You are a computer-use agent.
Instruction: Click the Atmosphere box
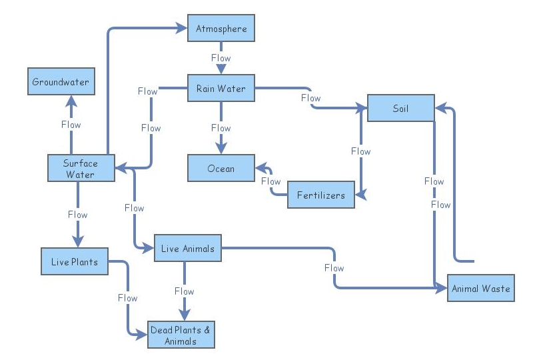tap(221, 29)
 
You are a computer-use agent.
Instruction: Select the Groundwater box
tap(61, 82)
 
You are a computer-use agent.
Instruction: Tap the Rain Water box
tap(221, 89)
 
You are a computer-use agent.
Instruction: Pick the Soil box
tap(400, 108)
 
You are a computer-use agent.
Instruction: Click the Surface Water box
tap(81, 168)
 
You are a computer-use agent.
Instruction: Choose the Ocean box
tap(221, 169)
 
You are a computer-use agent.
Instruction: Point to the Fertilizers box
tap(321, 195)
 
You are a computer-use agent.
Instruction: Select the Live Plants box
tap(75, 261)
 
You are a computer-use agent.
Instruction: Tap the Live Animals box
tap(188, 248)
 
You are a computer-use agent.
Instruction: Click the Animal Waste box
tap(480, 289)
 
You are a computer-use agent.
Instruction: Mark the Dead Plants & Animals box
tap(182, 335)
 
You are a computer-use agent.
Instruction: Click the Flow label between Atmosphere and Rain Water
tap(221, 58)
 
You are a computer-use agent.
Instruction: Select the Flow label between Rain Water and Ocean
tap(221, 128)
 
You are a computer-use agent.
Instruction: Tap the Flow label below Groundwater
tap(71, 125)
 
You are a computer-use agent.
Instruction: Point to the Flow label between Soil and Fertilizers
tap(360, 151)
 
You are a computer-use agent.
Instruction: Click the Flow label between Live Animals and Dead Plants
tap(184, 291)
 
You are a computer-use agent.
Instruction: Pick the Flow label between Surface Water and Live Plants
tap(77, 215)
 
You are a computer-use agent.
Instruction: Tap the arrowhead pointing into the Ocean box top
tap(221, 149)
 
